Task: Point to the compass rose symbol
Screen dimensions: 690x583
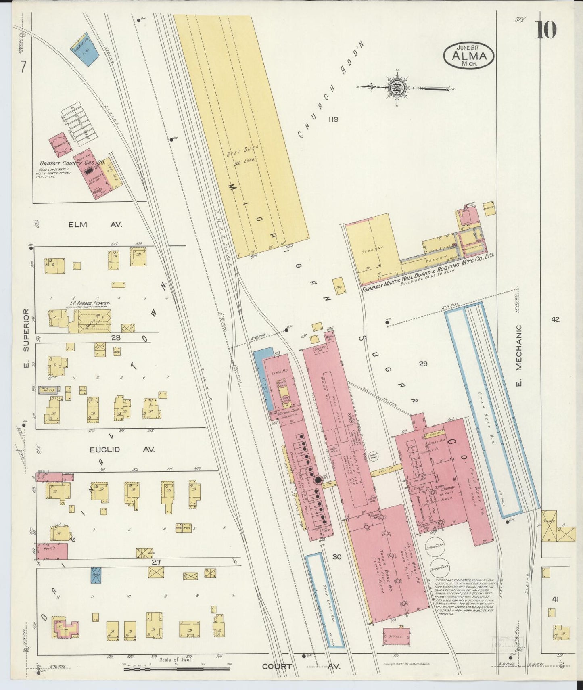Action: point(395,87)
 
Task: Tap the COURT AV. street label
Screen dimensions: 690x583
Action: point(301,666)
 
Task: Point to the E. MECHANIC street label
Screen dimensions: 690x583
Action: point(519,355)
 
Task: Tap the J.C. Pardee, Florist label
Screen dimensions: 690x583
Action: point(89,302)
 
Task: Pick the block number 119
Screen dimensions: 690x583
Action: point(333,119)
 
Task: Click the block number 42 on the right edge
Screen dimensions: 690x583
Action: point(556,320)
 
